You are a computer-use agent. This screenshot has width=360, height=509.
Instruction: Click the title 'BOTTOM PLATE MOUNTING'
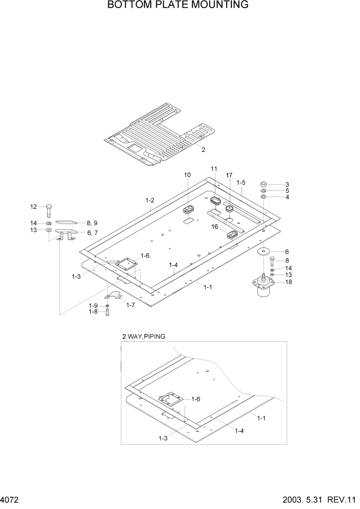[178, 6]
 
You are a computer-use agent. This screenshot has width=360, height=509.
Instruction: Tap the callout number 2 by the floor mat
[203, 150]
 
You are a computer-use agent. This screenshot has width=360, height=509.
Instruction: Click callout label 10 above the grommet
[188, 175]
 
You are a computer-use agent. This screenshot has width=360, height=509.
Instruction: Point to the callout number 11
[214, 169]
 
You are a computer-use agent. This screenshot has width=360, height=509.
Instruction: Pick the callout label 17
[229, 175]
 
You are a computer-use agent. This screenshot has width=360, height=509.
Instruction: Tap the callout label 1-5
[241, 182]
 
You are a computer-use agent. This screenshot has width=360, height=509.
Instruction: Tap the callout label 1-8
[93, 311]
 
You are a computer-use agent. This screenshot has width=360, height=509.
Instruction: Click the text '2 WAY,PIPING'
[144, 337]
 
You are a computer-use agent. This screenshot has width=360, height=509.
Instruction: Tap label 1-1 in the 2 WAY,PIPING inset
[261, 418]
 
